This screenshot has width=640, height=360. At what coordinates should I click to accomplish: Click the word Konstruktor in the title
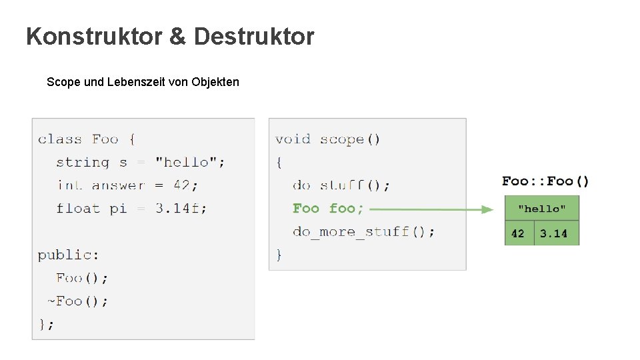point(94,37)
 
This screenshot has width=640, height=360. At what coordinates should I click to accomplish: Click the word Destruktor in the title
point(254,37)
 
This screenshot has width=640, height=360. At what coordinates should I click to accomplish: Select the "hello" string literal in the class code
point(190,162)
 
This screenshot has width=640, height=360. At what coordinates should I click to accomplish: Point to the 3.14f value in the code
point(181,208)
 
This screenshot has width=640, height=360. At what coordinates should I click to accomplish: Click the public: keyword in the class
point(68,255)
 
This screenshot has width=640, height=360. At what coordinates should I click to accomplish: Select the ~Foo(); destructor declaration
point(77,301)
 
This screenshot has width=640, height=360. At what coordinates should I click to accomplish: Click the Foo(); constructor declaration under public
point(82,278)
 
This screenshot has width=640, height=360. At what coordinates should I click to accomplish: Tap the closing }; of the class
point(46,324)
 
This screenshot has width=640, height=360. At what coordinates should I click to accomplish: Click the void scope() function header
point(327,139)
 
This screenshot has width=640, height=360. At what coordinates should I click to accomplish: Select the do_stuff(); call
point(341,185)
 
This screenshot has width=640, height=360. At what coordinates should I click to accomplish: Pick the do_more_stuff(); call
point(363,232)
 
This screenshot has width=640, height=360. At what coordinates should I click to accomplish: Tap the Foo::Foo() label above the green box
point(545,181)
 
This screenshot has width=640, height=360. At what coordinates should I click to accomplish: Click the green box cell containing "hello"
point(542,209)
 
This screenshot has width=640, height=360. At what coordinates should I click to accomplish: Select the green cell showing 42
point(519,233)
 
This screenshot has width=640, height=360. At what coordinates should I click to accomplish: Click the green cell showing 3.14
point(556,233)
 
